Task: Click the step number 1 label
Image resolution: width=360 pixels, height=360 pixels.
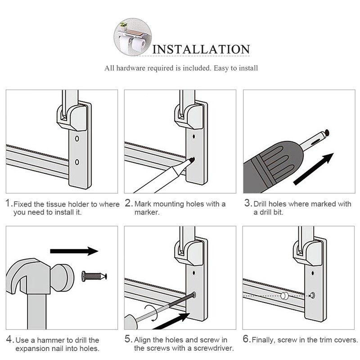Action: (9, 203)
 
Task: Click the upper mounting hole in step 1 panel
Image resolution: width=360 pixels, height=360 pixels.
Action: (77, 139)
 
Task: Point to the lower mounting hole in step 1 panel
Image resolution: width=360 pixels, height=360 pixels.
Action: (77, 161)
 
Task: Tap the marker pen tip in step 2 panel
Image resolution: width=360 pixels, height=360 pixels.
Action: (193, 159)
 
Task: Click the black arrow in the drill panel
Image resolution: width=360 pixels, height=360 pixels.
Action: (314, 169)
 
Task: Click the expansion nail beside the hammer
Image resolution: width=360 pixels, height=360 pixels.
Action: (94, 276)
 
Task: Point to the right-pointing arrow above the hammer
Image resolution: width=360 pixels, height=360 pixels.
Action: (74, 251)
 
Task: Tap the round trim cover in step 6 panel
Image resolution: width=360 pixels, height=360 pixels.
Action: (284, 296)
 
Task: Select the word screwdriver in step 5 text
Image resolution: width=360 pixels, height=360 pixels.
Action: (207, 348)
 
